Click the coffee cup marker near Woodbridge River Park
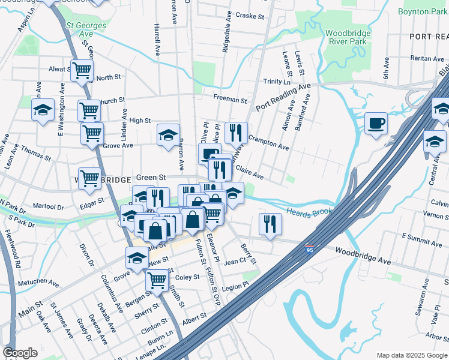coord(376,124)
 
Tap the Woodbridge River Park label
coord(350,37)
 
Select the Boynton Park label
coord(423,11)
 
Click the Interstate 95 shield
coord(309,248)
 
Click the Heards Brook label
coord(309,212)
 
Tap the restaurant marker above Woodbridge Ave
coord(270,224)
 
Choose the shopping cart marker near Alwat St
coord(82,70)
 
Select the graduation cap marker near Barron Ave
coord(169,134)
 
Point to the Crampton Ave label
coord(268,142)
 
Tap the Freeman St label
coord(230,99)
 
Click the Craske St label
coord(250,15)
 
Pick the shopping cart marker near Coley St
coord(157,279)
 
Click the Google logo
coord(20,353)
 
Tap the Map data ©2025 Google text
coord(411,355)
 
